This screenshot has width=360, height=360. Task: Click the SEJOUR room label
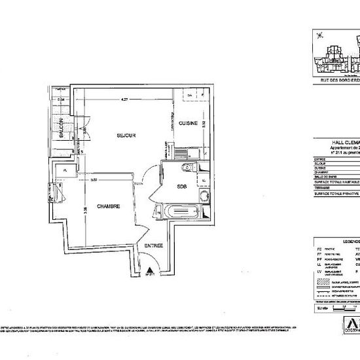pos(126,135)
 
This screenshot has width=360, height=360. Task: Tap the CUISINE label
pos(189,123)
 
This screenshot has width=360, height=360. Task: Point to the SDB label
pos(183,185)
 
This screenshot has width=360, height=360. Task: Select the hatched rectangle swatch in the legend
pos(321,279)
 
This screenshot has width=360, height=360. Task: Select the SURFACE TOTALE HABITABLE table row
pos(334,182)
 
